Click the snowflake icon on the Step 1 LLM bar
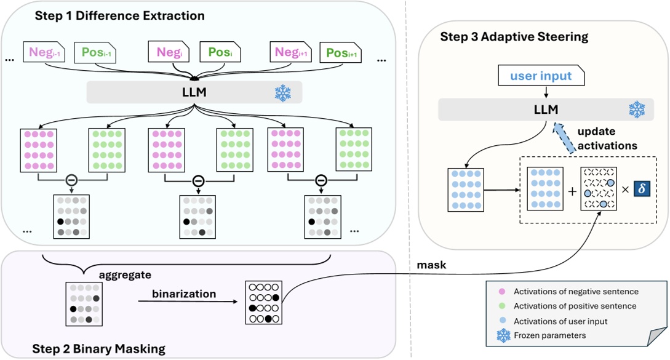(283, 92)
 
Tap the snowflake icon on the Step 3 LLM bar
(636, 110)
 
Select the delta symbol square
(642, 189)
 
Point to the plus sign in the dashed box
(572, 190)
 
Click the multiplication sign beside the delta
(624, 190)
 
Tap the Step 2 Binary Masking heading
(98, 348)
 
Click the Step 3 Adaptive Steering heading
(514, 37)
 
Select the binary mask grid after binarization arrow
(264, 302)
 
